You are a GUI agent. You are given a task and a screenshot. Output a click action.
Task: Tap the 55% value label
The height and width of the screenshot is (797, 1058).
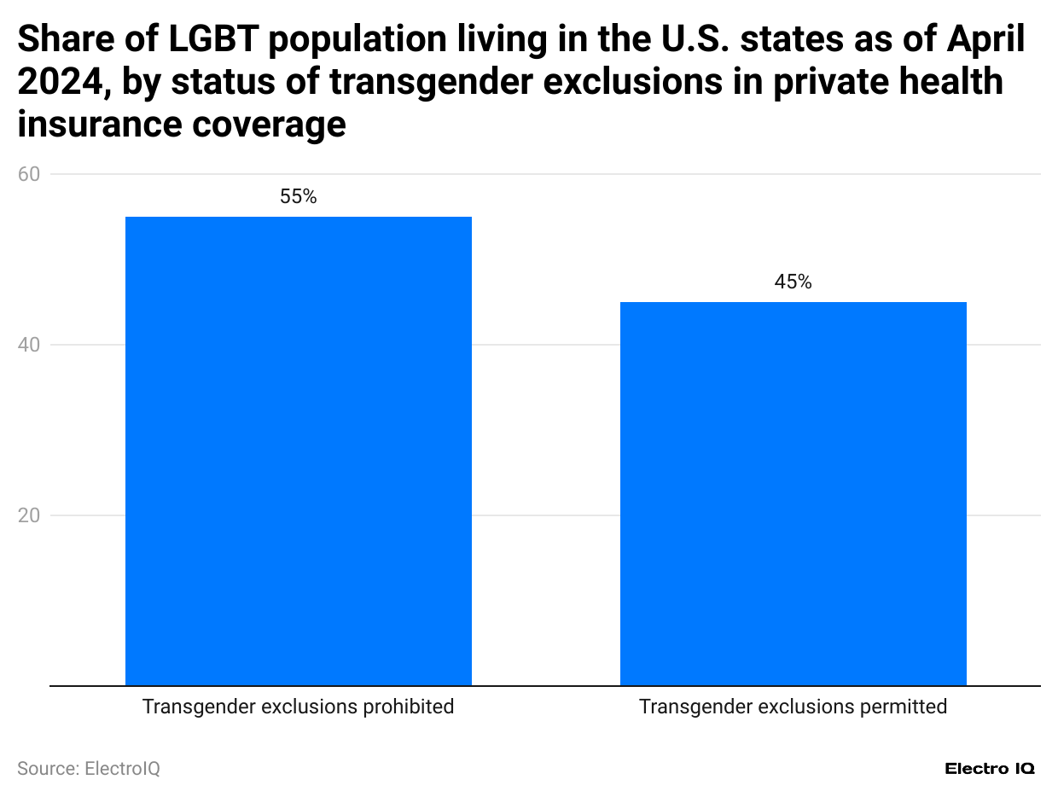coord(298,197)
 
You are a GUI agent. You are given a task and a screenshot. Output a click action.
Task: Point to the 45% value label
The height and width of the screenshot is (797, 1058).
coord(793,282)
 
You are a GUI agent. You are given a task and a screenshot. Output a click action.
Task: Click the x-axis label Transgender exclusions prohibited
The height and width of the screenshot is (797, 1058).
coord(298,707)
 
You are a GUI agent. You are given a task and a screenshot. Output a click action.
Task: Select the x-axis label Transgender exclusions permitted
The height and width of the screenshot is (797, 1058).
coord(793,707)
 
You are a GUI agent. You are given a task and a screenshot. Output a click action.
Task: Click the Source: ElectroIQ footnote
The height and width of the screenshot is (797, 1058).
coord(89,769)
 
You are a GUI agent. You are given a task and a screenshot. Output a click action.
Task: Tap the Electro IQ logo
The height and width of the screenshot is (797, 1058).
coord(990,769)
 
